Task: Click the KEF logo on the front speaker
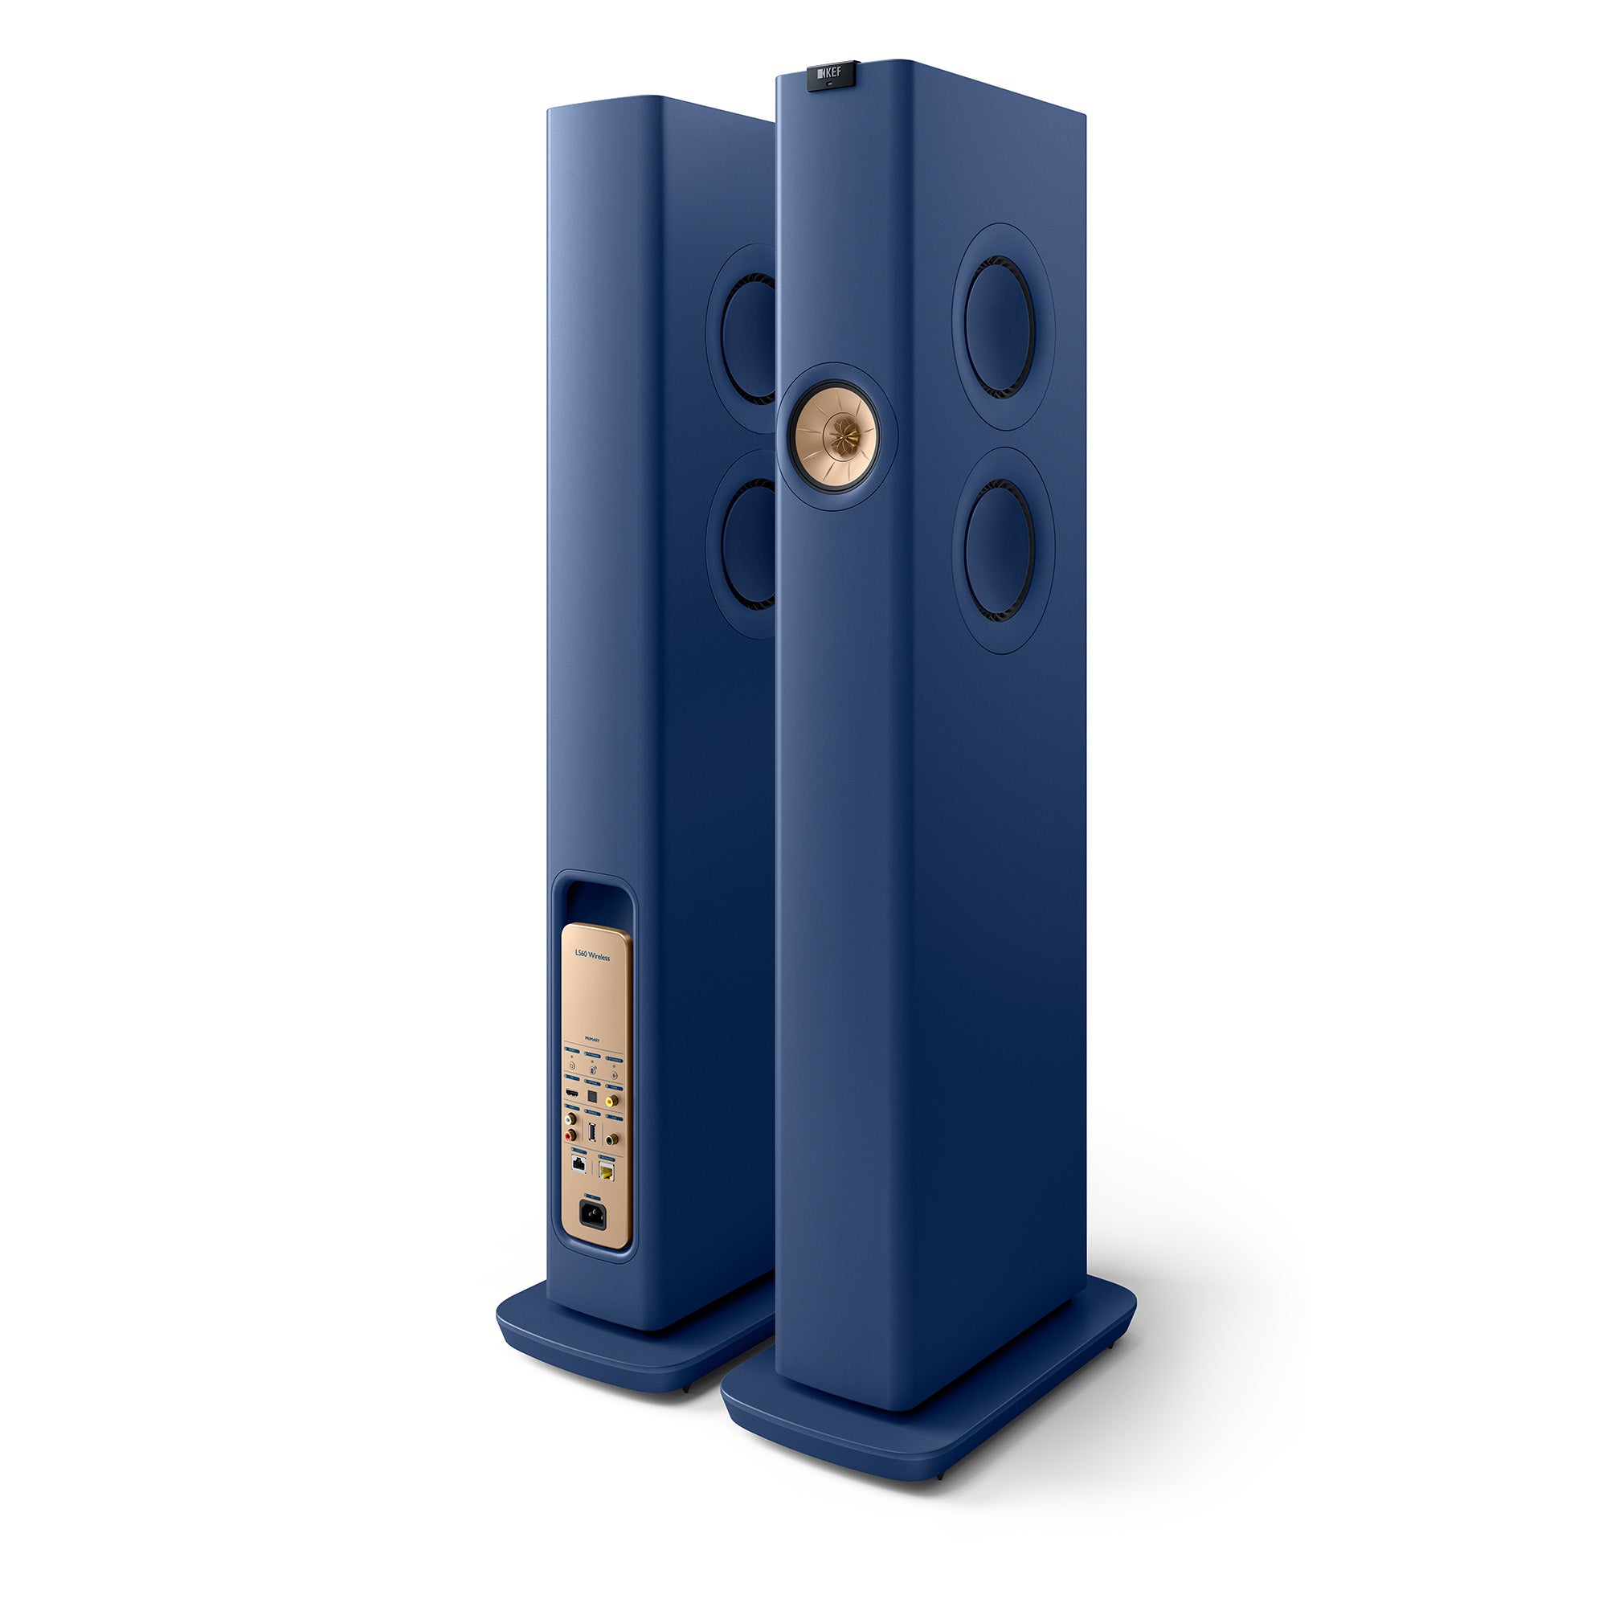[830, 73]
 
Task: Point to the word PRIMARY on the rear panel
[592, 1041]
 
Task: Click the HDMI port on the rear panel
[572, 1094]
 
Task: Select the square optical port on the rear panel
[592, 1096]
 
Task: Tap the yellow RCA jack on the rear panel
[610, 1102]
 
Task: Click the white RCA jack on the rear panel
[569, 1119]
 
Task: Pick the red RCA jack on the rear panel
[569, 1136]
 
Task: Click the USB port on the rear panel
[592, 1133]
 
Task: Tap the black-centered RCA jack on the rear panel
[610, 1140]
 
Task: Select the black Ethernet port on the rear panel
[579, 1164]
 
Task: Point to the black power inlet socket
[593, 1213]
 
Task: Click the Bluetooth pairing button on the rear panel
[615, 1076]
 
